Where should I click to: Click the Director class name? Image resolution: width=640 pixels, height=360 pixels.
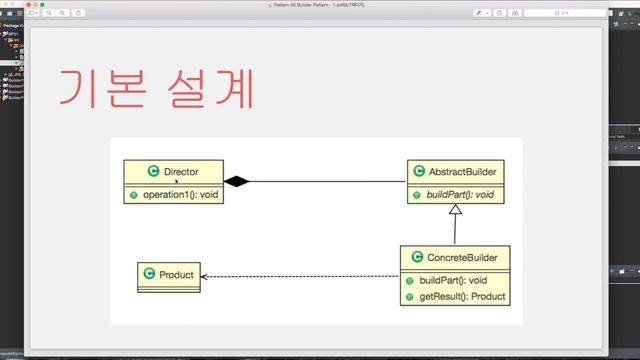click(180, 172)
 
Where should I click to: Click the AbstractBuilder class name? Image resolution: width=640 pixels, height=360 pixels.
click(461, 172)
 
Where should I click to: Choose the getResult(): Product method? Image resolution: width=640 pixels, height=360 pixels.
click(462, 296)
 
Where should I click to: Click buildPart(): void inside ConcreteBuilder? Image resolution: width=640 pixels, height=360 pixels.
click(453, 280)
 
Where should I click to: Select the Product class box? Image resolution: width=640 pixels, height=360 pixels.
click(169, 275)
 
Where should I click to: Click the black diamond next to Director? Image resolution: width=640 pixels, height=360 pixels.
click(237, 181)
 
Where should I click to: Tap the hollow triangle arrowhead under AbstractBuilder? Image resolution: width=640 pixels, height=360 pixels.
click(455, 211)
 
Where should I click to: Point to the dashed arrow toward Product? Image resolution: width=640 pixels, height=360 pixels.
click(300, 276)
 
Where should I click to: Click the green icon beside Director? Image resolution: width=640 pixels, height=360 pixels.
click(153, 172)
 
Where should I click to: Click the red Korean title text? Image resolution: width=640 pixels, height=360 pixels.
click(155, 89)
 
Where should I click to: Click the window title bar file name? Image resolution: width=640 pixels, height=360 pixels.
click(320, 5)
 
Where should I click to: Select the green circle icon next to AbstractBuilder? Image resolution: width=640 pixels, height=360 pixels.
click(420, 172)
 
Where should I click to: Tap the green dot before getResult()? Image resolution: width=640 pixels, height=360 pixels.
click(410, 296)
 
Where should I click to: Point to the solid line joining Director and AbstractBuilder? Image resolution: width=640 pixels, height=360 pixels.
click(330, 181)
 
